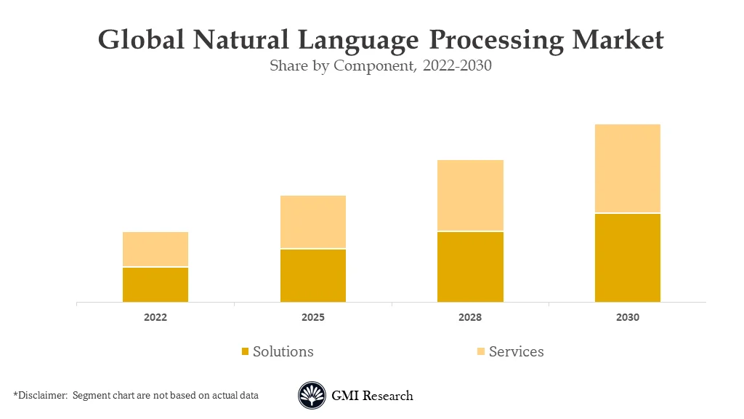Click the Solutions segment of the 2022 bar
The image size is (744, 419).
pyautogui.click(x=155, y=284)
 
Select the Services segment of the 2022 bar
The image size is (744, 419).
pyautogui.click(x=155, y=249)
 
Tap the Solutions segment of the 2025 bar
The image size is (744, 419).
pyautogui.click(x=313, y=276)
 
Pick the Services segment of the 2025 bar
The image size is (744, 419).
pyautogui.click(x=313, y=222)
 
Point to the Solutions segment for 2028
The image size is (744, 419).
pyautogui.click(x=470, y=267)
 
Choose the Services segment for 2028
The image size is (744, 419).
pyautogui.click(x=470, y=195)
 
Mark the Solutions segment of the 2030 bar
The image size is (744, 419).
pyautogui.click(x=628, y=258)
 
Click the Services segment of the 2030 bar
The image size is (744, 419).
pyautogui.click(x=628, y=168)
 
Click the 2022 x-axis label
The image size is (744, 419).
pyautogui.click(x=155, y=318)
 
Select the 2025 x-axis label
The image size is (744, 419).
pyautogui.click(x=313, y=318)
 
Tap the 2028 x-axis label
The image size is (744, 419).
pyautogui.click(x=470, y=318)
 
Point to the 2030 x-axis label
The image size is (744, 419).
pyautogui.click(x=628, y=318)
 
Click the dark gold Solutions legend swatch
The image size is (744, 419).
pyautogui.click(x=246, y=352)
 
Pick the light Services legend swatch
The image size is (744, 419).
pyautogui.click(x=481, y=352)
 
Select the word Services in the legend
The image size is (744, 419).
pyautogui.click(x=516, y=352)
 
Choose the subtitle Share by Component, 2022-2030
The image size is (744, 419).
pyautogui.click(x=381, y=66)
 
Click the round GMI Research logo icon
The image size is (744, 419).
pyautogui.click(x=312, y=396)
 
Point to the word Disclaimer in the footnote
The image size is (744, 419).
pyautogui.click(x=42, y=396)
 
